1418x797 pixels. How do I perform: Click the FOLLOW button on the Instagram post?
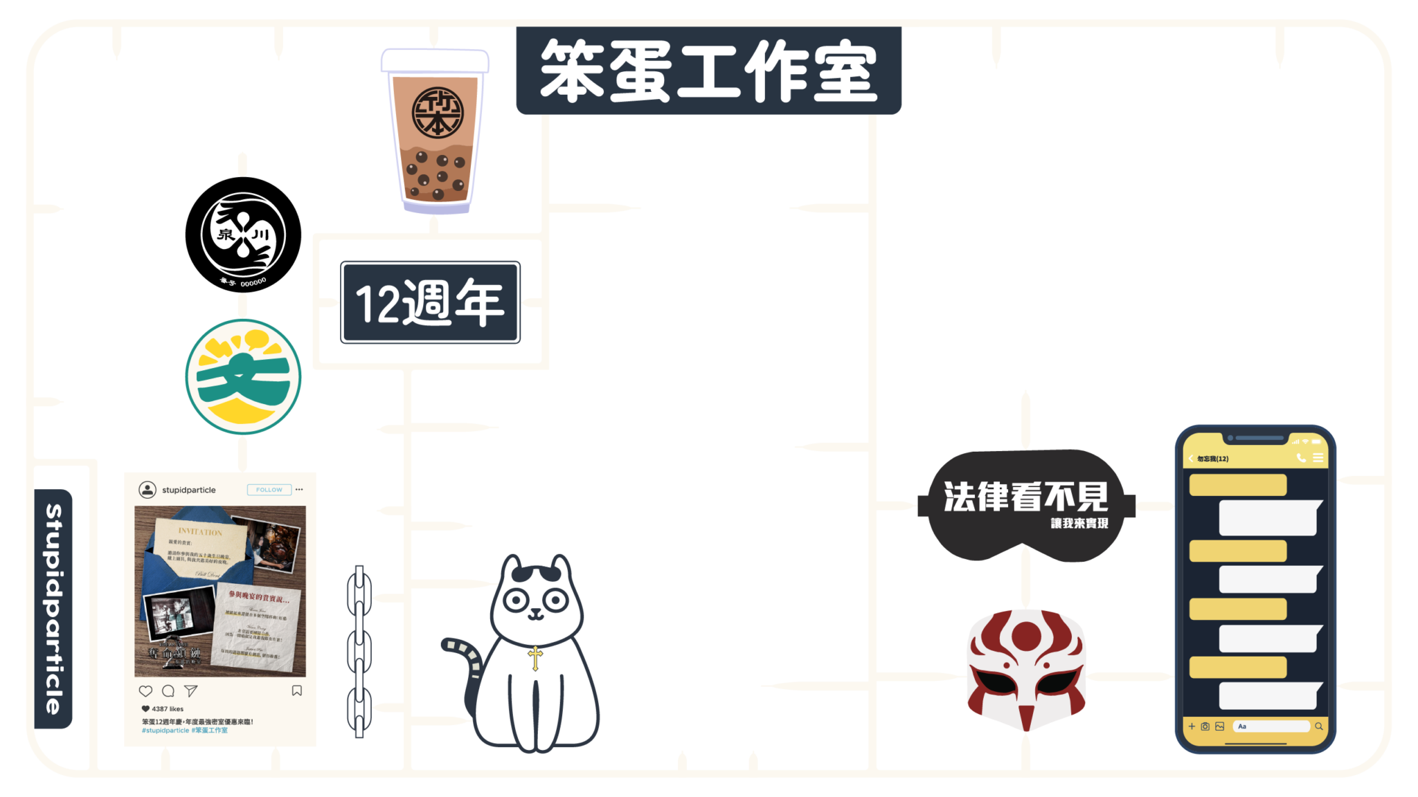click(x=269, y=490)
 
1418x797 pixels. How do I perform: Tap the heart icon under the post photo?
click(x=145, y=690)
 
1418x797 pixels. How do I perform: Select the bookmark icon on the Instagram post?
click(x=296, y=690)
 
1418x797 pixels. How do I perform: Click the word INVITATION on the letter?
click(x=200, y=532)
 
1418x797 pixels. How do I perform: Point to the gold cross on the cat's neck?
click(x=535, y=657)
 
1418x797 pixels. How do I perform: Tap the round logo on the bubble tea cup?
click(x=437, y=113)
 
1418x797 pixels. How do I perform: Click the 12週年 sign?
click(x=430, y=302)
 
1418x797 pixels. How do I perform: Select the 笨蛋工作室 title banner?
click(x=708, y=71)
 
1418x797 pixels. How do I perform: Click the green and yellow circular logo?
click(x=243, y=377)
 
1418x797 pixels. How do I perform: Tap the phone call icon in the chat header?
click(x=1301, y=458)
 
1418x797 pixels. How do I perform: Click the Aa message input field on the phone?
click(x=1271, y=726)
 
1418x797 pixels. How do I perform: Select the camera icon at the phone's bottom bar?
click(x=1205, y=726)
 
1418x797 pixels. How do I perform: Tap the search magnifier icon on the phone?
click(x=1319, y=726)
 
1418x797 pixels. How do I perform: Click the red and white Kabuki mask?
click(x=1025, y=670)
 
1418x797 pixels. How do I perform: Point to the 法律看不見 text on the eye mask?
click(x=1025, y=497)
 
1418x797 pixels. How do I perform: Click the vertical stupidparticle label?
click(x=54, y=609)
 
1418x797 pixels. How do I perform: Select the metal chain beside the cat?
click(x=359, y=650)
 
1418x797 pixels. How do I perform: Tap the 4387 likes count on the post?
click(x=167, y=709)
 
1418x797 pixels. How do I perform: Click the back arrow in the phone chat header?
click(x=1191, y=459)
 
